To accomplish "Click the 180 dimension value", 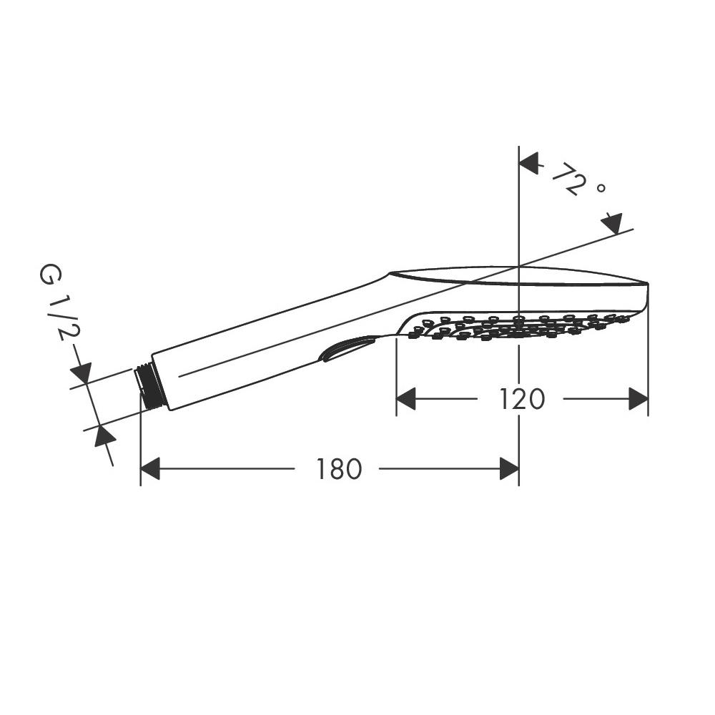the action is tap(339, 469).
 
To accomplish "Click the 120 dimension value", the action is tap(522, 399).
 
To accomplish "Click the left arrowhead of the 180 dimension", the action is tap(150, 469).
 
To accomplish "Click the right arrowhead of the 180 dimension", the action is tap(509, 469).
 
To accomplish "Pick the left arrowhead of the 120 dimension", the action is tap(406, 399).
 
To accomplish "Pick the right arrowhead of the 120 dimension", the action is tap(638, 399).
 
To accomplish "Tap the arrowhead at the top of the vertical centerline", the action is tap(529, 164).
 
